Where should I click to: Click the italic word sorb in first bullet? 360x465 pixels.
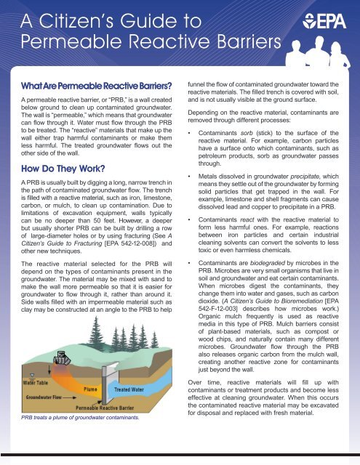(255, 136)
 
